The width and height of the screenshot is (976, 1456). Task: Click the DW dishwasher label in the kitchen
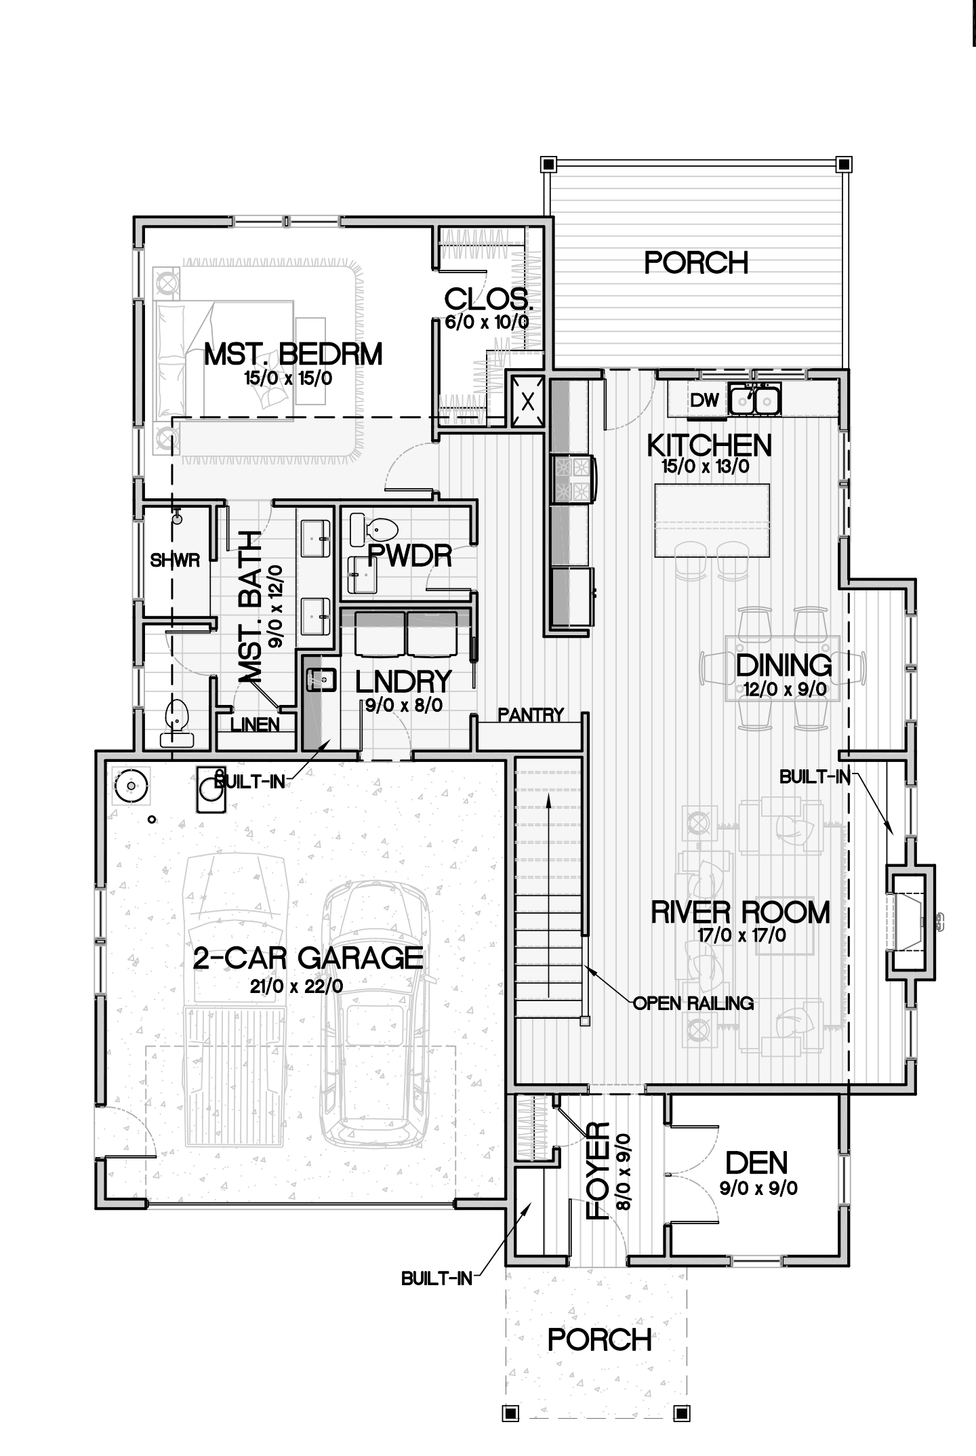point(704,400)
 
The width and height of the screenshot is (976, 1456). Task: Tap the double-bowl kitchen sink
point(755,399)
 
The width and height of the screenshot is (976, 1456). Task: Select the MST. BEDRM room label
point(293,355)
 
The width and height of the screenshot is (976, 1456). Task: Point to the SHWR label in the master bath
point(175,561)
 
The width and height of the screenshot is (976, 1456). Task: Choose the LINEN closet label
point(255,724)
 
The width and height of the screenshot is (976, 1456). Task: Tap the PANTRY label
point(531,714)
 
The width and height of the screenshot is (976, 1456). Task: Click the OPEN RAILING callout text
point(693,1003)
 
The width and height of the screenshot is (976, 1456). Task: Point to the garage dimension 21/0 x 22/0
point(296,987)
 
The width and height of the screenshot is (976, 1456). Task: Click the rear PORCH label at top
point(696,263)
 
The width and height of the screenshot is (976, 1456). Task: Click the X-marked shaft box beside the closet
point(529,401)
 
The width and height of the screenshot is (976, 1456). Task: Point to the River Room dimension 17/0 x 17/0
point(741,935)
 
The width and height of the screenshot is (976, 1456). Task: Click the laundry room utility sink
point(321,679)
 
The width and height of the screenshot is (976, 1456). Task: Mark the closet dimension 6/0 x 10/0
point(487,322)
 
